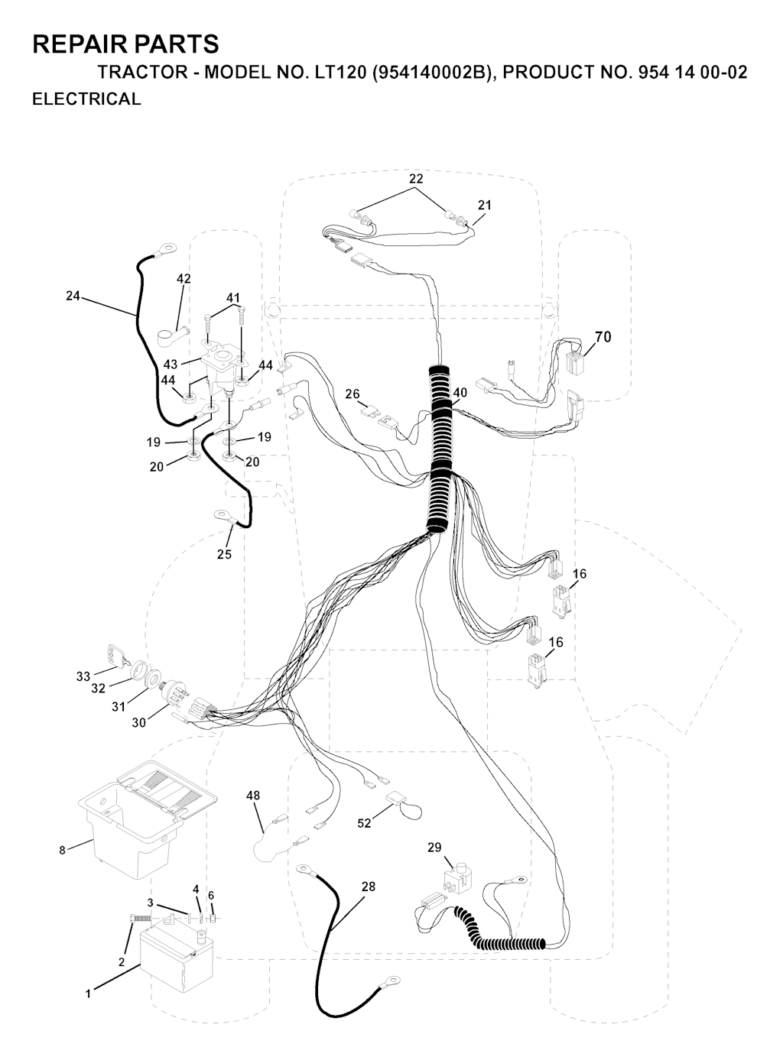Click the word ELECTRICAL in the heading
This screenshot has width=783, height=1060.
point(86,99)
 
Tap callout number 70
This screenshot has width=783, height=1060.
point(603,336)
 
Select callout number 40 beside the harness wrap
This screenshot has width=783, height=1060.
point(459,393)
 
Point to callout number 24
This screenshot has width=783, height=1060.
point(73,296)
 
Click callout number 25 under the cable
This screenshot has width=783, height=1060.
point(224,554)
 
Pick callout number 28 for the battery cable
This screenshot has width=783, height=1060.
point(369,887)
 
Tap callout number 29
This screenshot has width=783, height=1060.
point(434,848)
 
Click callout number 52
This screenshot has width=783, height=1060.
point(364,823)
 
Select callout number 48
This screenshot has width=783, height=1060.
point(253,796)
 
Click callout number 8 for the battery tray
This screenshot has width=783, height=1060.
point(63,849)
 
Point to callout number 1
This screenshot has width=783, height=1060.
point(88,994)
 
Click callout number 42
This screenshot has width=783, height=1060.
point(184,279)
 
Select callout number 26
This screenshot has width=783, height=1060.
point(353,394)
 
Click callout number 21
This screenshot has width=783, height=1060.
point(485,205)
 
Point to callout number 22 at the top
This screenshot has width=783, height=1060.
point(416,178)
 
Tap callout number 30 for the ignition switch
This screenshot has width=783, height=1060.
point(138,722)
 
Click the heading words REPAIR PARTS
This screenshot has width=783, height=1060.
point(125,44)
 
